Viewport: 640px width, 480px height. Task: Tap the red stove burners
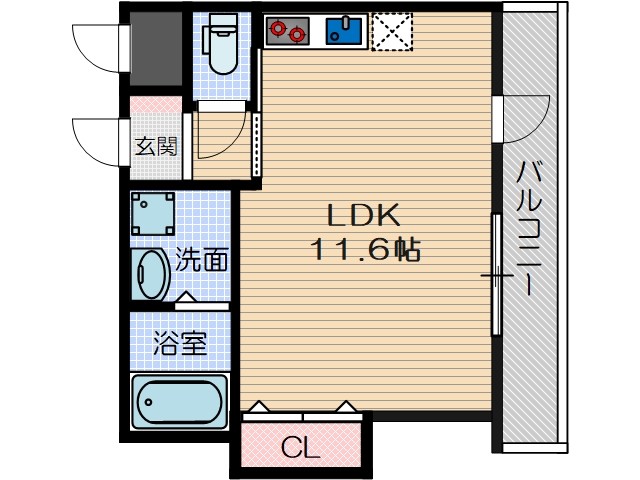pyautogui.click(x=288, y=32)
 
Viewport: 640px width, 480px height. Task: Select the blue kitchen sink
pyautogui.click(x=344, y=32)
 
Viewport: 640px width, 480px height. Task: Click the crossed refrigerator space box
pyautogui.click(x=391, y=32)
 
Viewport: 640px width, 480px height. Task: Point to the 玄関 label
pyautogui.click(x=156, y=147)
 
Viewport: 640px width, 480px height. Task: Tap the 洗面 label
pyautogui.click(x=202, y=262)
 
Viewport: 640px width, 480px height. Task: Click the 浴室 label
pyautogui.click(x=180, y=345)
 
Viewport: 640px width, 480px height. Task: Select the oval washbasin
pyautogui.click(x=152, y=274)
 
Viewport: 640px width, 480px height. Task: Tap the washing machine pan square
pyautogui.click(x=153, y=213)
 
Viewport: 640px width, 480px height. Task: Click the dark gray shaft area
pyautogui.click(x=156, y=50)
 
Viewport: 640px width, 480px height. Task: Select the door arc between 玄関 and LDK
pyautogui.click(x=220, y=135)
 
